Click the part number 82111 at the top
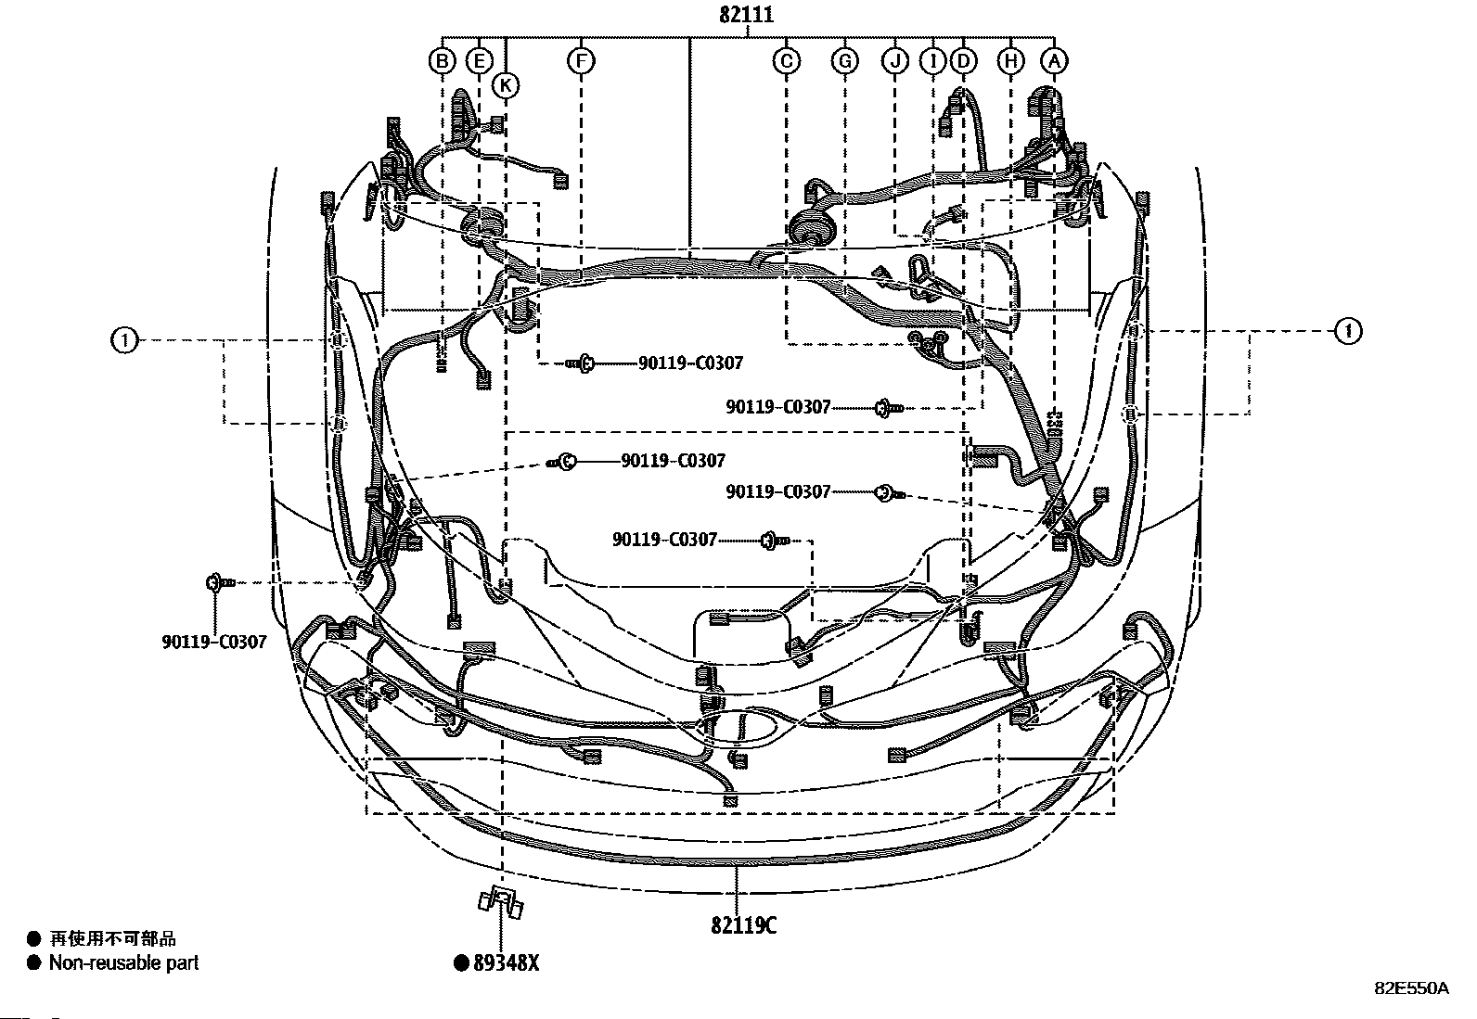tap(746, 15)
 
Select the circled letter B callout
tap(443, 61)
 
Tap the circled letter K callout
tap(506, 85)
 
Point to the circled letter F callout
tap(581, 61)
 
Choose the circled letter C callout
tap(787, 61)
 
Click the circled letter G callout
tap(844, 61)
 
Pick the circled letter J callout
tap(895, 61)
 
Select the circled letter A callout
tap(1054, 61)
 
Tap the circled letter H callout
tap(1011, 61)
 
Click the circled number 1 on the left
tap(124, 340)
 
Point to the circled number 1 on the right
tap(1348, 331)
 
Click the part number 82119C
tap(744, 925)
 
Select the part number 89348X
tap(507, 963)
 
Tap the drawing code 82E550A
tap(1412, 988)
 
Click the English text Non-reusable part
tap(124, 963)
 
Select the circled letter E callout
tap(480, 61)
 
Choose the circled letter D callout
tap(963, 61)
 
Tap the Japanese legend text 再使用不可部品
tap(113, 938)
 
